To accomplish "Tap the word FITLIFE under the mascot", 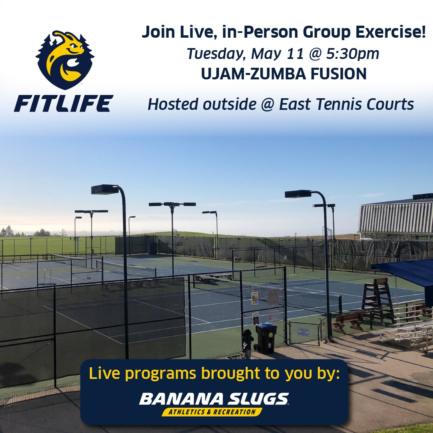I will coord(63,103).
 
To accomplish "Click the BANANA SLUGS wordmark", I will coord(214,399).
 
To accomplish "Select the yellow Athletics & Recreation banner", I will coord(212,412).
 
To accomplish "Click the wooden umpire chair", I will coord(378,299).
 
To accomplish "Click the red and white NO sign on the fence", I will coord(273,315).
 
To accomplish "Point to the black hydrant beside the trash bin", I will coord(248,340).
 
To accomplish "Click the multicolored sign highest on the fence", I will coord(255,298).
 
